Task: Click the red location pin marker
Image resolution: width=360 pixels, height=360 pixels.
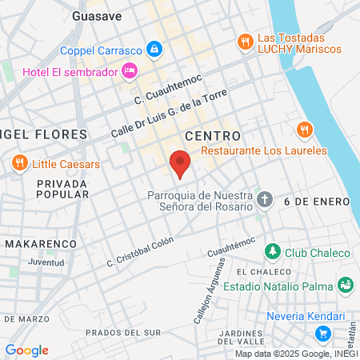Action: tap(181, 162)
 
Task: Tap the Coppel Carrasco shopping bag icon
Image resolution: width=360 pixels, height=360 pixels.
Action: tap(155, 50)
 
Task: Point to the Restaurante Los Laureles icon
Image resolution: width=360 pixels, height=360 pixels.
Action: tap(303, 130)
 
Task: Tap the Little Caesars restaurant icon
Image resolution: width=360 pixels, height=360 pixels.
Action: tap(19, 165)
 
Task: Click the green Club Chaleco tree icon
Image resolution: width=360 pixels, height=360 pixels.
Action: tap(273, 252)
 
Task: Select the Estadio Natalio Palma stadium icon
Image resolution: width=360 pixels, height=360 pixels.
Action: tap(346, 284)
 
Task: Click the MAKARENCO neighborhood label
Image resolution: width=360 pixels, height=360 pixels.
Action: tap(40, 242)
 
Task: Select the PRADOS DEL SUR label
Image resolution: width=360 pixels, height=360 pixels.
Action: tap(123, 332)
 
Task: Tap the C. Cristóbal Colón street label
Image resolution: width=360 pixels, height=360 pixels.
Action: tap(141, 255)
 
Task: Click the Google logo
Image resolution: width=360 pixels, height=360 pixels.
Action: tap(26, 350)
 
